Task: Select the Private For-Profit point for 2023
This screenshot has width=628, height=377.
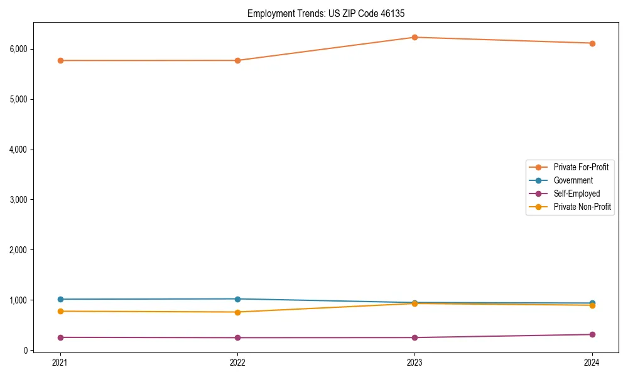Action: pyautogui.click(x=414, y=37)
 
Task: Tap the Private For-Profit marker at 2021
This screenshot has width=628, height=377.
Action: pyautogui.click(x=60, y=60)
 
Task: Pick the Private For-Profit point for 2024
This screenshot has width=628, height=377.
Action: pyautogui.click(x=592, y=43)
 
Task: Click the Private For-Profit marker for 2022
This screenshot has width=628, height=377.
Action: pyautogui.click(x=237, y=60)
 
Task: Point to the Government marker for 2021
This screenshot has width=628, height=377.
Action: pyautogui.click(x=60, y=299)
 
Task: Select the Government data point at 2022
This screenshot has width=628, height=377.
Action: pyautogui.click(x=237, y=299)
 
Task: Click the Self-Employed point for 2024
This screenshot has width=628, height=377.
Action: pyautogui.click(x=592, y=334)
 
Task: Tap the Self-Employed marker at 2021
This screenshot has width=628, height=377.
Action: pyautogui.click(x=60, y=337)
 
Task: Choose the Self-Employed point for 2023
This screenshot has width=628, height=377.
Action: pyautogui.click(x=414, y=337)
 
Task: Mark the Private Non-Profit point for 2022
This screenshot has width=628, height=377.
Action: pyautogui.click(x=237, y=312)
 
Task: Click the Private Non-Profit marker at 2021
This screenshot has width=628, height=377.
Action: pyautogui.click(x=60, y=311)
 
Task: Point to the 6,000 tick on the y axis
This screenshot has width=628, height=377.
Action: pyautogui.click(x=18, y=49)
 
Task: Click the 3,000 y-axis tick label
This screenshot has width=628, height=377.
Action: pyautogui.click(x=18, y=200)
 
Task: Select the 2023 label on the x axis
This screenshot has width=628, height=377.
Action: pyautogui.click(x=414, y=362)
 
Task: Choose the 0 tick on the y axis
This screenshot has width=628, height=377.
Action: pyautogui.click(x=26, y=351)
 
